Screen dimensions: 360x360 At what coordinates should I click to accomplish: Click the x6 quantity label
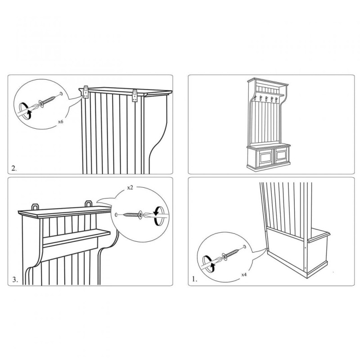(x=60, y=121)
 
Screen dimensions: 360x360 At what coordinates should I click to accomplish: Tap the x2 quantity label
(x=130, y=188)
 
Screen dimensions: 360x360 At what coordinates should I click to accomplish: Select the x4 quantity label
(x=244, y=274)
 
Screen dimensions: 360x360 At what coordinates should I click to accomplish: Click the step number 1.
(x=194, y=279)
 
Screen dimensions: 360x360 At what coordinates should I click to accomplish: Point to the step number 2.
(x=14, y=168)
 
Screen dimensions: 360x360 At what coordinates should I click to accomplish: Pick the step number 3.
(x=15, y=279)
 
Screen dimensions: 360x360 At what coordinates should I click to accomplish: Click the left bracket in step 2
(x=86, y=92)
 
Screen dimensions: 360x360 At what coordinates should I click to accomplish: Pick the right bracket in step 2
(x=135, y=95)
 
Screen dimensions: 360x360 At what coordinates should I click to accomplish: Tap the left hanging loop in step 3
(x=35, y=207)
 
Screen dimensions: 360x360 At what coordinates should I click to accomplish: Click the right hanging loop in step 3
(x=88, y=204)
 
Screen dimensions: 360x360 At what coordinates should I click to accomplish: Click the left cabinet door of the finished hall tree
(x=265, y=157)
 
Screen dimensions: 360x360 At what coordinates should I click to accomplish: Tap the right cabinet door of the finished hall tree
(x=281, y=155)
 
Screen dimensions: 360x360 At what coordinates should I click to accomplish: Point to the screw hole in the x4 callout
(x=244, y=247)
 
